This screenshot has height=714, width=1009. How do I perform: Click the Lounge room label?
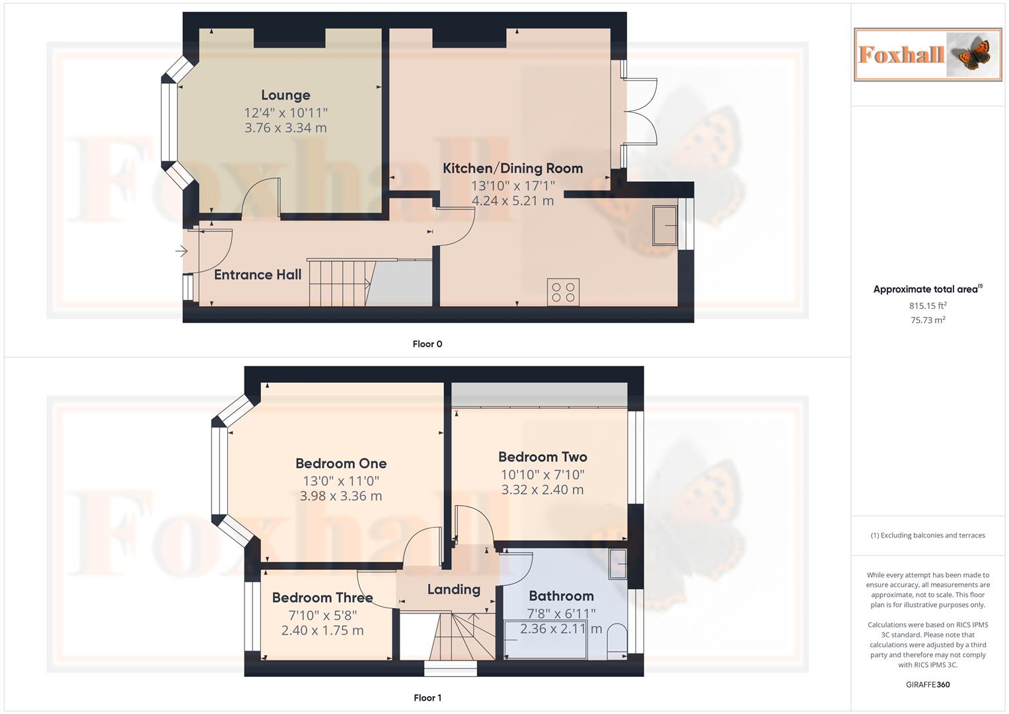coord(285,95)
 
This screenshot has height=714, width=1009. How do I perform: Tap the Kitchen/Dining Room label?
coord(512,169)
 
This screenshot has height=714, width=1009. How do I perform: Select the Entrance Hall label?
coord(258,275)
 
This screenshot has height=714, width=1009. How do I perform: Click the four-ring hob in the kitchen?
coord(563,292)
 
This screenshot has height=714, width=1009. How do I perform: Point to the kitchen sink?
coord(665,225)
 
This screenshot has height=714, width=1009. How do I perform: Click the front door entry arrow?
coord(181,251)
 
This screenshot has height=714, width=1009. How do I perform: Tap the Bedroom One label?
coord(341,463)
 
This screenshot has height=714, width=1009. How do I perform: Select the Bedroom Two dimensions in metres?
coord(542,490)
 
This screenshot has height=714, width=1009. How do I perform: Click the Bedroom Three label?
coord(322,598)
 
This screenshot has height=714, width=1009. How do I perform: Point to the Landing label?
coord(453,590)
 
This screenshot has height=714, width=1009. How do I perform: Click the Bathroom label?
coord(561,596)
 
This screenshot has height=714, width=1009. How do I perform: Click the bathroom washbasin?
coord(617,563)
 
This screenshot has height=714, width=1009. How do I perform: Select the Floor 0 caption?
coord(428,344)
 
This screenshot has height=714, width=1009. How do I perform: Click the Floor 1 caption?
coord(428,697)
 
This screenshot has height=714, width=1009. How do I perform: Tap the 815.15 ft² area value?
coord(928,305)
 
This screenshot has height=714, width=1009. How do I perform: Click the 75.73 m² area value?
coord(928,320)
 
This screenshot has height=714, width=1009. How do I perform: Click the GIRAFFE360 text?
coord(928,684)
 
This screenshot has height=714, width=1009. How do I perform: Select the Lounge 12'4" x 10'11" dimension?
coord(285,113)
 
